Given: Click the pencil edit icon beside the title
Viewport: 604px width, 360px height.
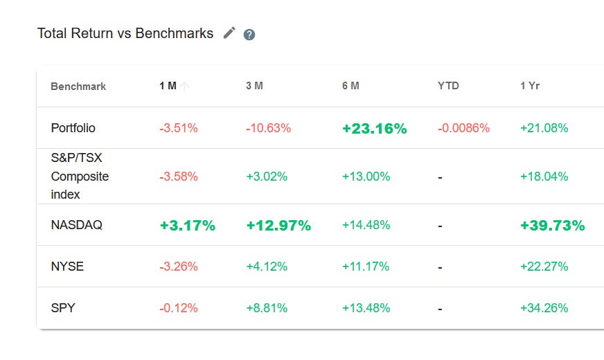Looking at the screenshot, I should tap(229, 33).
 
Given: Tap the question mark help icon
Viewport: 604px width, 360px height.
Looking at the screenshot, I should tap(249, 35).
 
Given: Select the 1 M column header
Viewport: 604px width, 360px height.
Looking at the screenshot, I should tap(168, 87).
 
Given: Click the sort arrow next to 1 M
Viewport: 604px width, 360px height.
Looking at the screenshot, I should tap(185, 87).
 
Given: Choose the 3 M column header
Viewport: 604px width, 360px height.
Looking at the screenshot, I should tap(254, 87).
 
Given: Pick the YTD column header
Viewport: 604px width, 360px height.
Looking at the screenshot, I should tap(448, 87).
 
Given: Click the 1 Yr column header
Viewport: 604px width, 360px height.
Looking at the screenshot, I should tap(530, 87).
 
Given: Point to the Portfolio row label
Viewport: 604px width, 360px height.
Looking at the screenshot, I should tap(73, 128).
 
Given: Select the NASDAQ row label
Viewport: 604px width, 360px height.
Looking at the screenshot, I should tap(77, 225).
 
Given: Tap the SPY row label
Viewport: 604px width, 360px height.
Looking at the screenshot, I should tap(63, 308).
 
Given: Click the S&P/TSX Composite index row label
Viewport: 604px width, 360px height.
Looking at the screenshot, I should tap(80, 177).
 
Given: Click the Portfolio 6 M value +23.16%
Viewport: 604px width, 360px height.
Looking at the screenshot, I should tap(374, 129).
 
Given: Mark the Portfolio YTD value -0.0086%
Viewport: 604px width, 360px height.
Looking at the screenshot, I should tap(463, 128).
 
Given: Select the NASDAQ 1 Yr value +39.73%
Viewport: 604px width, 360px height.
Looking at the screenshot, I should tap(552, 226).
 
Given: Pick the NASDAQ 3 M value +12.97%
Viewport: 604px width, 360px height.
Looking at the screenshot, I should tap(278, 226).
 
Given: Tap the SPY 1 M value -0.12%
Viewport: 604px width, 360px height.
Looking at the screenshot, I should tap(179, 308).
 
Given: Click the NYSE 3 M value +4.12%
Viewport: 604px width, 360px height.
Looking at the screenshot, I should tap(267, 267).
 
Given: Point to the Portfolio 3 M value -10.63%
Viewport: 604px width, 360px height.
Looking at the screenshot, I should tap(268, 128).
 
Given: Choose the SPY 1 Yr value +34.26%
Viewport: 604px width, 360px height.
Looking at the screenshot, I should tap(544, 308).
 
